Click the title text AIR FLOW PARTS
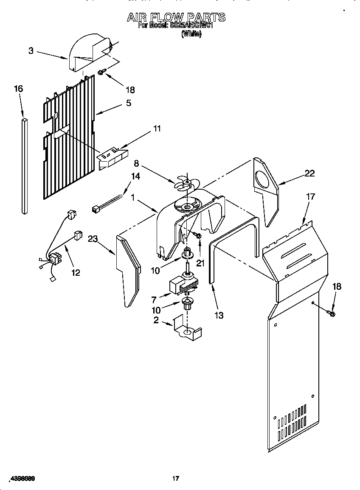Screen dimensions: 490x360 176,17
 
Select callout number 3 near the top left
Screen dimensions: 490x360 31,51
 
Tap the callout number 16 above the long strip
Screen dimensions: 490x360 18,89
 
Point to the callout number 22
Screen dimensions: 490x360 310,173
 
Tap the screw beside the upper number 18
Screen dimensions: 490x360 101,73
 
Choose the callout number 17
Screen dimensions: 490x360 310,196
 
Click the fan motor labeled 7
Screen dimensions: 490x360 183,286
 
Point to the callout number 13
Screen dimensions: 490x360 219,315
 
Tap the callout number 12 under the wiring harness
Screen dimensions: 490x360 75,272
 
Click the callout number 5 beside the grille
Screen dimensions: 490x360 128,103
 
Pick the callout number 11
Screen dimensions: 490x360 157,129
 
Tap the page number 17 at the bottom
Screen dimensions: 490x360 175,479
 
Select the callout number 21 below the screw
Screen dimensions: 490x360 200,263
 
